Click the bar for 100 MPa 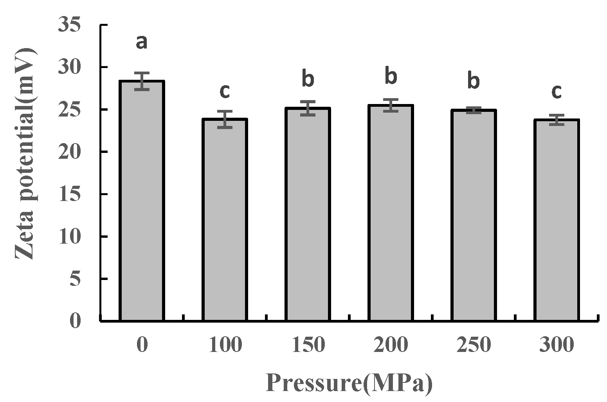coord(224,220)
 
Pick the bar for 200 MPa coord(390,213)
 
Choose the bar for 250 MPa coord(473,215)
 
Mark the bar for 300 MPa coord(556,220)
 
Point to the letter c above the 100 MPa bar coord(224,91)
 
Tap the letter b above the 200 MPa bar coord(391,77)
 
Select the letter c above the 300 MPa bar coord(556,92)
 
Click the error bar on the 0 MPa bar coord(141,81)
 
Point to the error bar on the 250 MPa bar coord(473,110)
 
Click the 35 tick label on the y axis coord(69,25)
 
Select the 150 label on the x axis coord(308,345)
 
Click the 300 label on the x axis coord(556,345)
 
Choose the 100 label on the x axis coord(225,345)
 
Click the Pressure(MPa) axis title coord(349,383)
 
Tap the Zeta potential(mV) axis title coord(25,154)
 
